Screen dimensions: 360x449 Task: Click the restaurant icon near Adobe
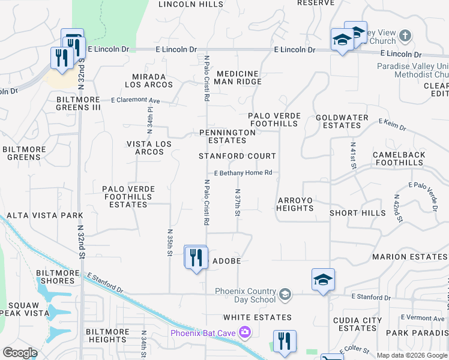(196, 257)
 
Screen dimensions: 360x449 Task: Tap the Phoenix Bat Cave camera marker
(244, 332)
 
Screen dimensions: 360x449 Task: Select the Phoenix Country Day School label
(246, 295)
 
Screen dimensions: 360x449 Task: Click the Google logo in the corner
(20, 353)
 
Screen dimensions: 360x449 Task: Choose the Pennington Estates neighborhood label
(228, 136)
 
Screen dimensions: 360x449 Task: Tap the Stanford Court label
(237, 156)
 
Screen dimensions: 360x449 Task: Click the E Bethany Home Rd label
(243, 173)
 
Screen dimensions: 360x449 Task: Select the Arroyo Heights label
(295, 204)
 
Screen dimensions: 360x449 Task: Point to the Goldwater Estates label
(338, 122)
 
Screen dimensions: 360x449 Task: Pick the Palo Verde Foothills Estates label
(128, 197)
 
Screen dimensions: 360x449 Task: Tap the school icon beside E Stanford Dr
(323, 280)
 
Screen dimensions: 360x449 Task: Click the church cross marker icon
(405, 35)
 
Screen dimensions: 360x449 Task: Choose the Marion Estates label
(409, 257)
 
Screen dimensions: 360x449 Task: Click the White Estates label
(257, 317)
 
